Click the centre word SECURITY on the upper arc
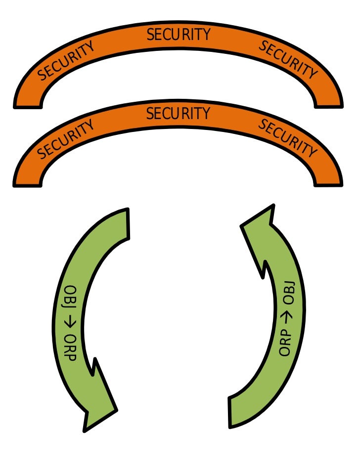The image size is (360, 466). coord(179,35)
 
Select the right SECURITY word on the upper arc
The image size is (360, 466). coord(288,60)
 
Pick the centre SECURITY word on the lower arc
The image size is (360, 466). coord(179,114)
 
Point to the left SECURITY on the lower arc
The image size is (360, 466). coord(66,140)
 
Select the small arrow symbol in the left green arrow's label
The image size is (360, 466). coord(72,323)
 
